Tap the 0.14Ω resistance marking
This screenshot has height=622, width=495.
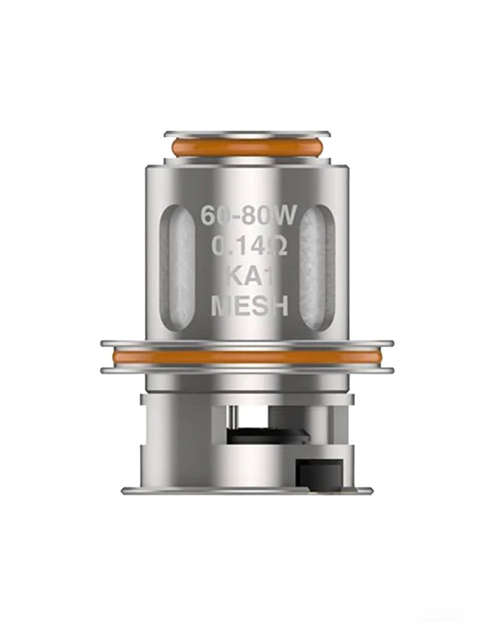(x=247, y=246)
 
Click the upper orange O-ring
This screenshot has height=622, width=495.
(x=247, y=147)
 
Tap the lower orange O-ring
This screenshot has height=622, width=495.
(x=247, y=357)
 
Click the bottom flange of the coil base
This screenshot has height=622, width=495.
(x=247, y=491)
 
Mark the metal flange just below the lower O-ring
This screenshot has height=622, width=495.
(x=247, y=370)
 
